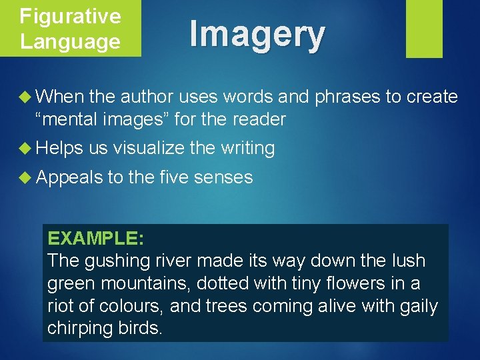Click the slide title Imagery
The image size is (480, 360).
257,34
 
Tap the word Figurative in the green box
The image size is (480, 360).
70,16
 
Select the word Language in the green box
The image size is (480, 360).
70,41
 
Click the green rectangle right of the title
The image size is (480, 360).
424,28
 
